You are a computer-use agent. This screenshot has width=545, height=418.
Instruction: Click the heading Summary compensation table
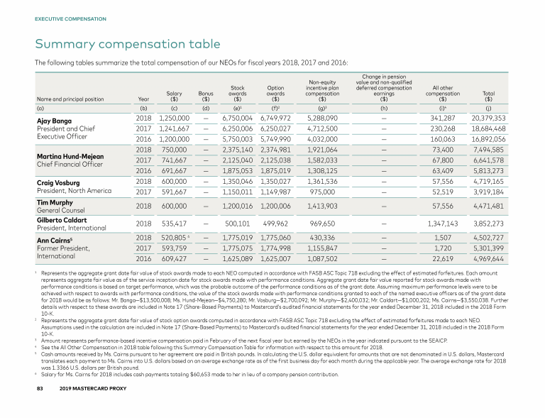(x=128, y=44)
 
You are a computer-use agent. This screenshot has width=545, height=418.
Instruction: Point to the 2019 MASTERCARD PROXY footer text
(x=92, y=410)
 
